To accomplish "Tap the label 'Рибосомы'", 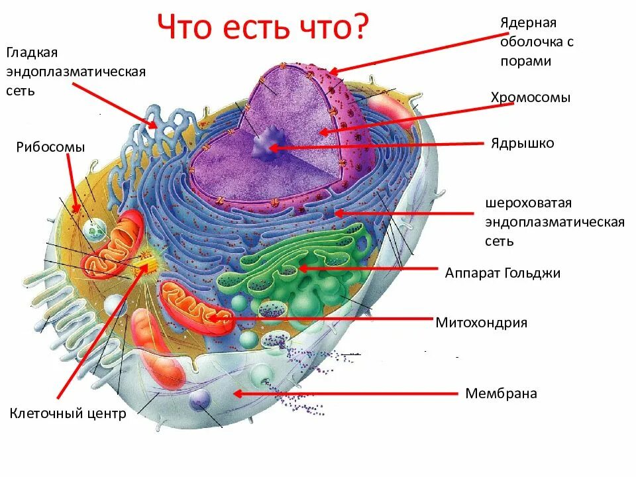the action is (x=51, y=147).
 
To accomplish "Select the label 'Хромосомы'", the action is (x=530, y=97).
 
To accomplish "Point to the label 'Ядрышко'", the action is (x=522, y=143).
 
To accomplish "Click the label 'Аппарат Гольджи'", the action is (x=502, y=273).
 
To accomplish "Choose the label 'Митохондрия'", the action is (x=481, y=323).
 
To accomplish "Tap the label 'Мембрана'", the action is (x=501, y=394).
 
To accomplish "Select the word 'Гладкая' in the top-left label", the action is (x=32, y=52).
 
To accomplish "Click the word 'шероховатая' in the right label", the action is (x=527, y=203).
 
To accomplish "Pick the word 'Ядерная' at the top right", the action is (x=528, y=23).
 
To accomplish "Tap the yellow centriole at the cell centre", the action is (x=142, y=266).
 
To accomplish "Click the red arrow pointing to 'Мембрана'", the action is (x=344, y=394).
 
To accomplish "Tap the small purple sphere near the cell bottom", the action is (x=199, y=399).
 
